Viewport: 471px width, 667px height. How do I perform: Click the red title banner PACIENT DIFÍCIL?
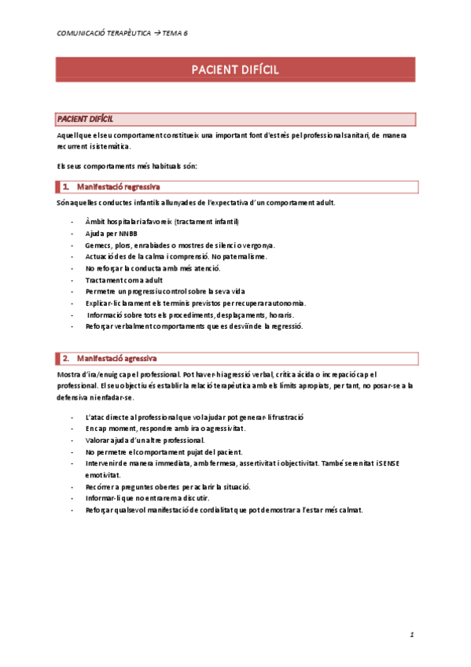pyautogui.click(x=235, y=71)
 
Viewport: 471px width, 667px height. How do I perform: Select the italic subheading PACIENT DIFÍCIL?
pyautogui.click(x=85, y=119)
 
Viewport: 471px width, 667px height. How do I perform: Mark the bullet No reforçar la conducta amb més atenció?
pyautogui.click(x=158, y=268)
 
